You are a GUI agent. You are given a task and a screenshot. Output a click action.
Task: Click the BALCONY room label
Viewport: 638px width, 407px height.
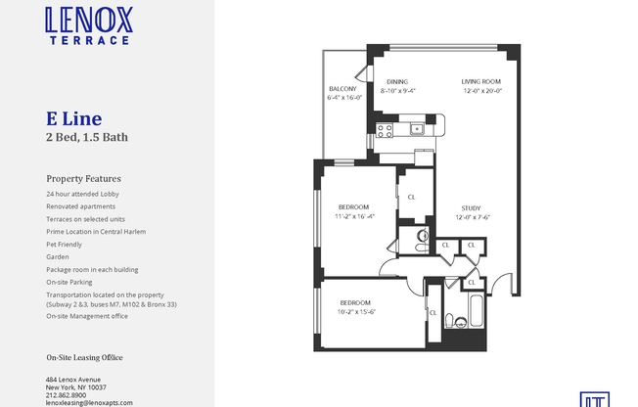point(342,89)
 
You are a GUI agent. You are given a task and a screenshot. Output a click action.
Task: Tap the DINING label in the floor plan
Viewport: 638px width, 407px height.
point(396,81)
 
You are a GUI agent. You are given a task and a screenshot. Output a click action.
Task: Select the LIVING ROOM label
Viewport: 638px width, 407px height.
point(481,81)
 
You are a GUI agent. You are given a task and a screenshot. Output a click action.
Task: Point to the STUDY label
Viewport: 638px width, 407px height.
point(471,207)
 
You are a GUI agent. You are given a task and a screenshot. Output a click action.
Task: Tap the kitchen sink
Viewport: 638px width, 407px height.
point(417,127)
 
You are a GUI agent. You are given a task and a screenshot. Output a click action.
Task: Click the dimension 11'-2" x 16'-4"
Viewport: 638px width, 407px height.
point(354,216)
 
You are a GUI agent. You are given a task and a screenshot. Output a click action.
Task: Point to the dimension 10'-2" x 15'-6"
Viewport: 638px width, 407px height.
point(357,311)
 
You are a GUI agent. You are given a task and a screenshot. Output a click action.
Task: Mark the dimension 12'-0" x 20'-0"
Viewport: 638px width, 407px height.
point(481,91)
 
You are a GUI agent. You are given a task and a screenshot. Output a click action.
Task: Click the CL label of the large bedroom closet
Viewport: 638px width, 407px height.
point(412,197)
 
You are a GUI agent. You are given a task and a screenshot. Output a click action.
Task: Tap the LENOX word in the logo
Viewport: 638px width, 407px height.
point(89,20)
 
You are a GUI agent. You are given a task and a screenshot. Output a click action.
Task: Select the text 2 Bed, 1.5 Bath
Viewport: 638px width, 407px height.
point(87,138)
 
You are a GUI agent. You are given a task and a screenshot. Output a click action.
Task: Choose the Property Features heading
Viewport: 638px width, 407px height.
point(83,179)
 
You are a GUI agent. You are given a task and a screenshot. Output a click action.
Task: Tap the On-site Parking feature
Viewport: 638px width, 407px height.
point(68,282)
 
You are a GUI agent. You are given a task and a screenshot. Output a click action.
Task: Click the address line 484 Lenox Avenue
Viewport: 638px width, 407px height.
point(73,380)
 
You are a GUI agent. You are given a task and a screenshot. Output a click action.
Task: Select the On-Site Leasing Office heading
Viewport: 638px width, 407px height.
point(84,358)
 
